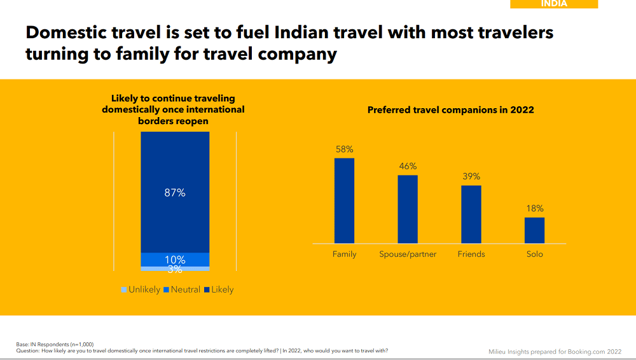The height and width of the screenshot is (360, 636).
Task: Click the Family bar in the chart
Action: [344, 200]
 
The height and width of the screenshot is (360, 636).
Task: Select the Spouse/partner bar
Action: [408, 209]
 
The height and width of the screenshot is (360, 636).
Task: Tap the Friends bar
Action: [471, 214]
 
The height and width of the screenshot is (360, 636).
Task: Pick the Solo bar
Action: [534, 230]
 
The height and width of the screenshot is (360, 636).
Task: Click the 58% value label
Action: [344, 149]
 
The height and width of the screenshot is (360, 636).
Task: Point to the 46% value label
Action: [408, 166]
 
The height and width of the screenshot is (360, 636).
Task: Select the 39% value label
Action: [471, 177]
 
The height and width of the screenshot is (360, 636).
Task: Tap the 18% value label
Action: [534, 209]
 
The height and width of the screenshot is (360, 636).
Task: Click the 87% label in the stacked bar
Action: [175, 193]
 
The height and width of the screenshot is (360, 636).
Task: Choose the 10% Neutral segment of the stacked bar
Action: [175, 260]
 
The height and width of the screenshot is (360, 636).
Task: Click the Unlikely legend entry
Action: [141, 290]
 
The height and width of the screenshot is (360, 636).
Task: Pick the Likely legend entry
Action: [219, 290]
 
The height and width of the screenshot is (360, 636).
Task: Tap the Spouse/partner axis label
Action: [408, 254]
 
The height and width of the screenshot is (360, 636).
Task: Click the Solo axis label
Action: [534, 254]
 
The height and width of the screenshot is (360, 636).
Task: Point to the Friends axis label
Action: [471, 254]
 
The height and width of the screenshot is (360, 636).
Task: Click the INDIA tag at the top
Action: [554, 4]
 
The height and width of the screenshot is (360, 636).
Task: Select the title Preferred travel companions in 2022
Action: [451, 110]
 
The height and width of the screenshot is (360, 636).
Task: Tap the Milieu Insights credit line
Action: [555, 351]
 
